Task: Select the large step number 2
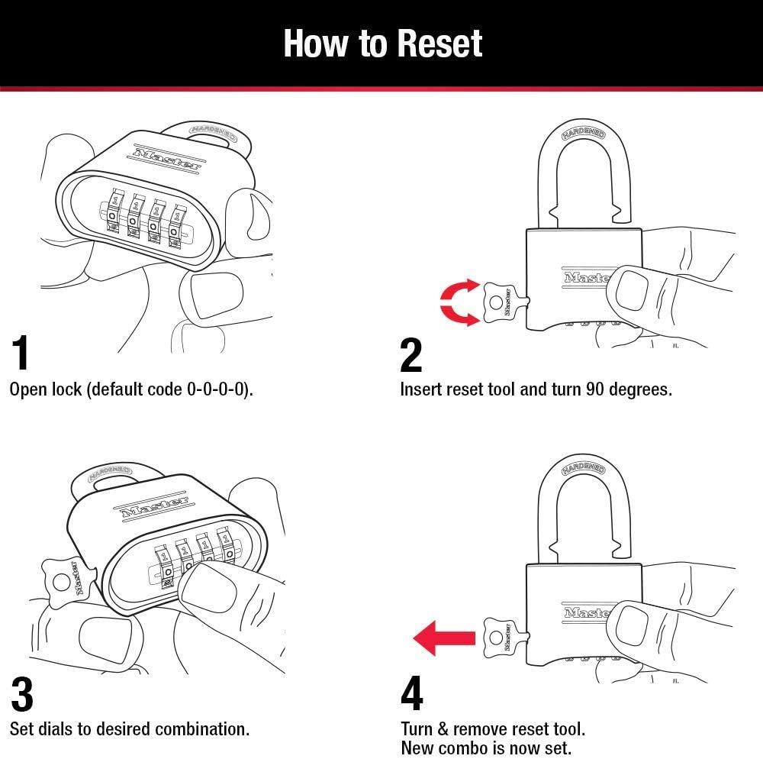coord(411,355)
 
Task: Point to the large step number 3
coord(22,693)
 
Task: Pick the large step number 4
coord(412,693)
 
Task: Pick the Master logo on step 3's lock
coord(152,505)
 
